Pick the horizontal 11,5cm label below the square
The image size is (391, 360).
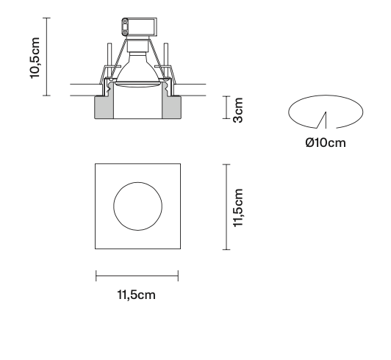click(137, 296)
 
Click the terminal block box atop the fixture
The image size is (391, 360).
click(137, 26)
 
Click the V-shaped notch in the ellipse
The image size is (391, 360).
click(322, 118)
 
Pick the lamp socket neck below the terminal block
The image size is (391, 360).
click(137, 48)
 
